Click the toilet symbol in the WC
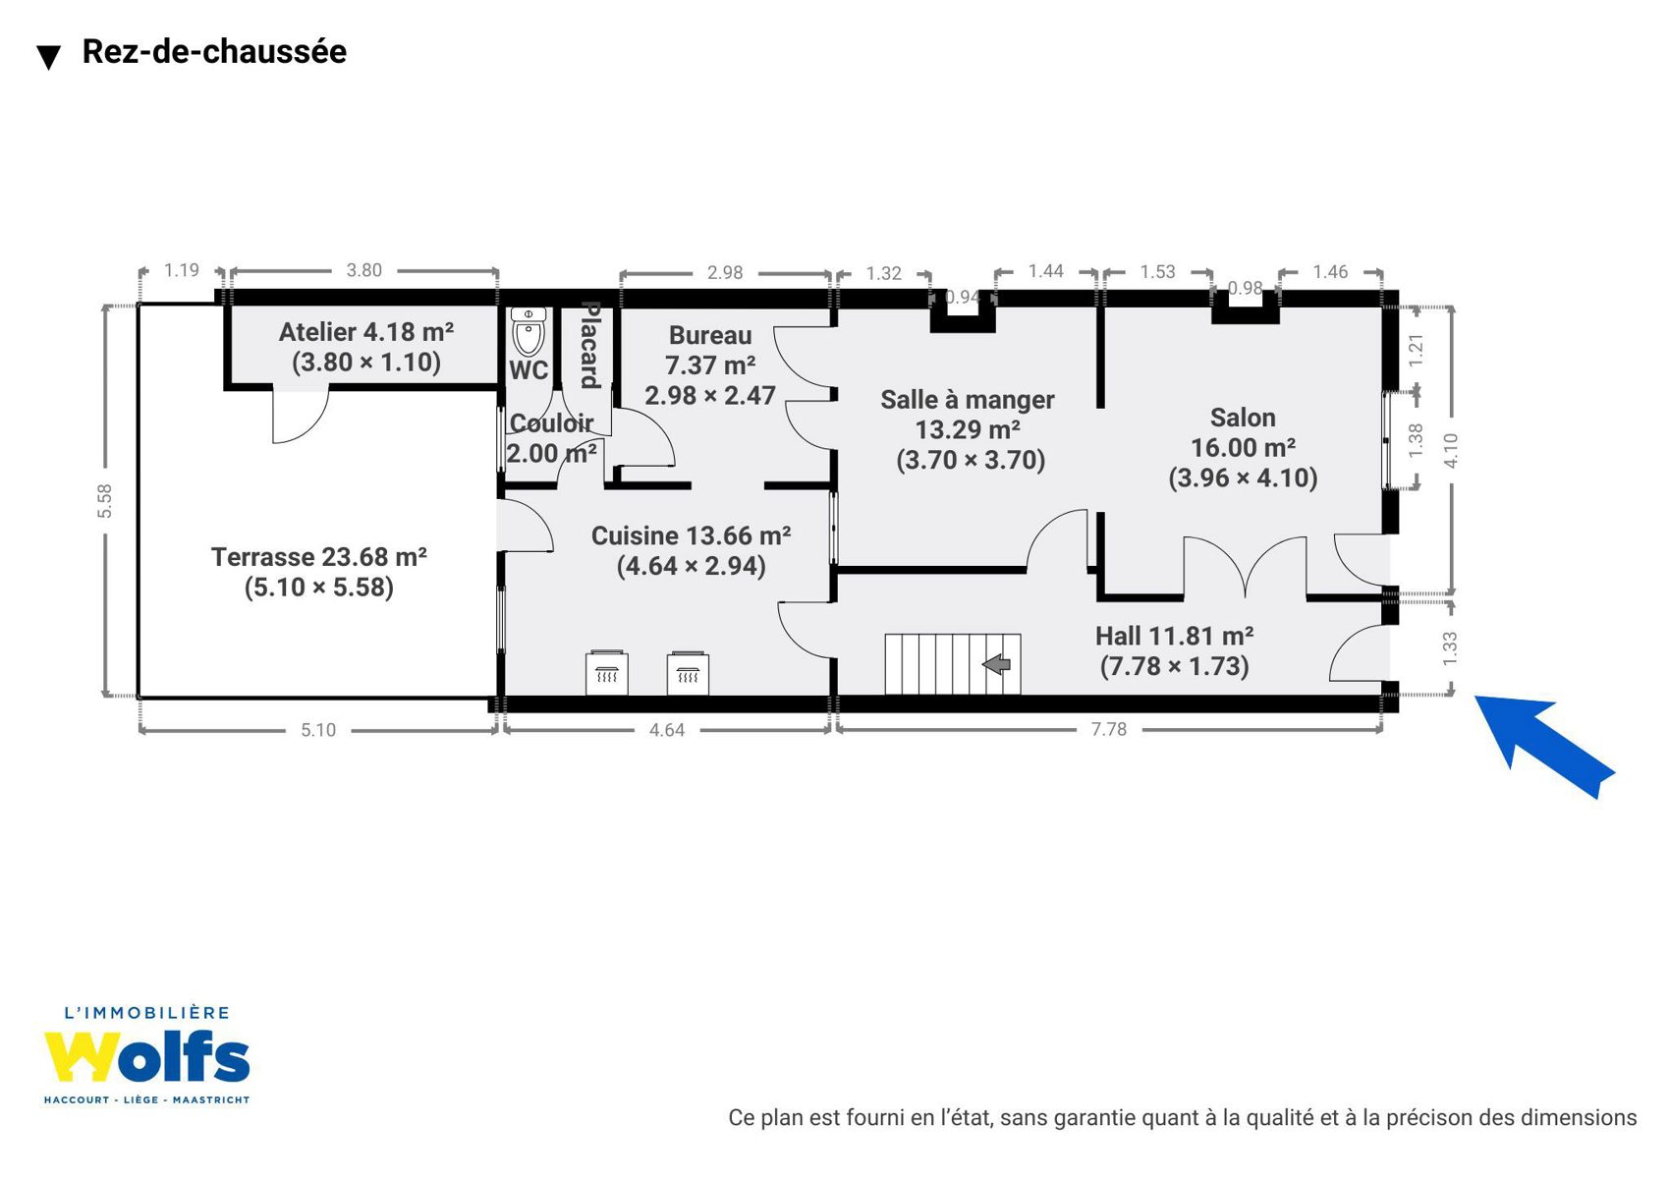[529, 332]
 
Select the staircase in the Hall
[952, 664]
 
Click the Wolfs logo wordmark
[146, 1057]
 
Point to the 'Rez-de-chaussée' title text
[214, 51]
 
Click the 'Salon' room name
[1242, 418]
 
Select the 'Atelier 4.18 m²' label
[365, 332]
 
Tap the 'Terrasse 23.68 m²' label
[319, 557]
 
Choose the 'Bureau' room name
[710, 335]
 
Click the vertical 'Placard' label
[590, 345]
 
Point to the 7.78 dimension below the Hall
[1109, 729]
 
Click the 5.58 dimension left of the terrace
[105, 501]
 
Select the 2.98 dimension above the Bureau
[725, 273]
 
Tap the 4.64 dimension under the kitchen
[667, 730]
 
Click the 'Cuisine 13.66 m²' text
[691, 535]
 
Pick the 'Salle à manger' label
[968, 400]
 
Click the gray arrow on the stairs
[996, 664]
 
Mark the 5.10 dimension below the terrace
[318, 730]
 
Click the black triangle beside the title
[49, 57]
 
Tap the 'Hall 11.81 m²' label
[1174, 636]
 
